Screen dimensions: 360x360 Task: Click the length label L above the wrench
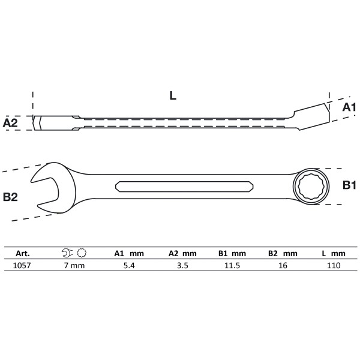click(173, 95)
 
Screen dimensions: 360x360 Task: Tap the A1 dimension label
click(349, 107)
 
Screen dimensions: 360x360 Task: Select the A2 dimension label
click(11, 123)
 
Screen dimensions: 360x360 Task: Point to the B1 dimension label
click(349, 186)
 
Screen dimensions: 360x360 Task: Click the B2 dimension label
click(11, 196)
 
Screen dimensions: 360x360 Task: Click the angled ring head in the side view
click(311, 113)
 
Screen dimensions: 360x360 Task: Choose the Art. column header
click(22, 253)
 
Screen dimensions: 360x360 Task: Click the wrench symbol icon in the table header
click(74, 253)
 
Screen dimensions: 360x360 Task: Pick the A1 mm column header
click(128, 253)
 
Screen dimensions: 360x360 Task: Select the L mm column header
click(334, 253)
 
